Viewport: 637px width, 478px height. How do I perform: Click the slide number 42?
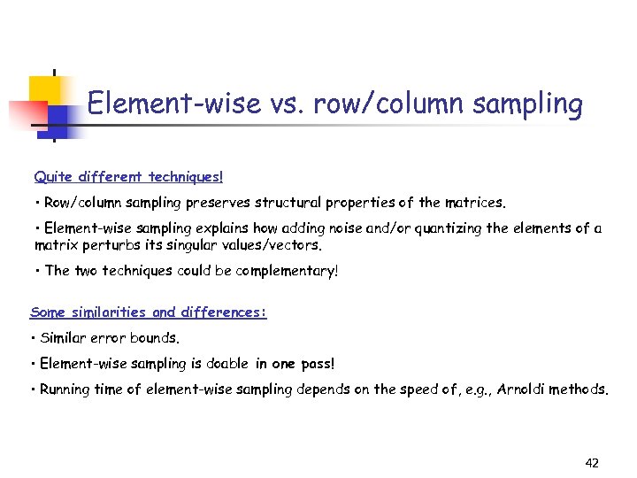tap(592, 463)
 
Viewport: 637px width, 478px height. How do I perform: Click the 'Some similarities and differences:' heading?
tap(149, 312)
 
